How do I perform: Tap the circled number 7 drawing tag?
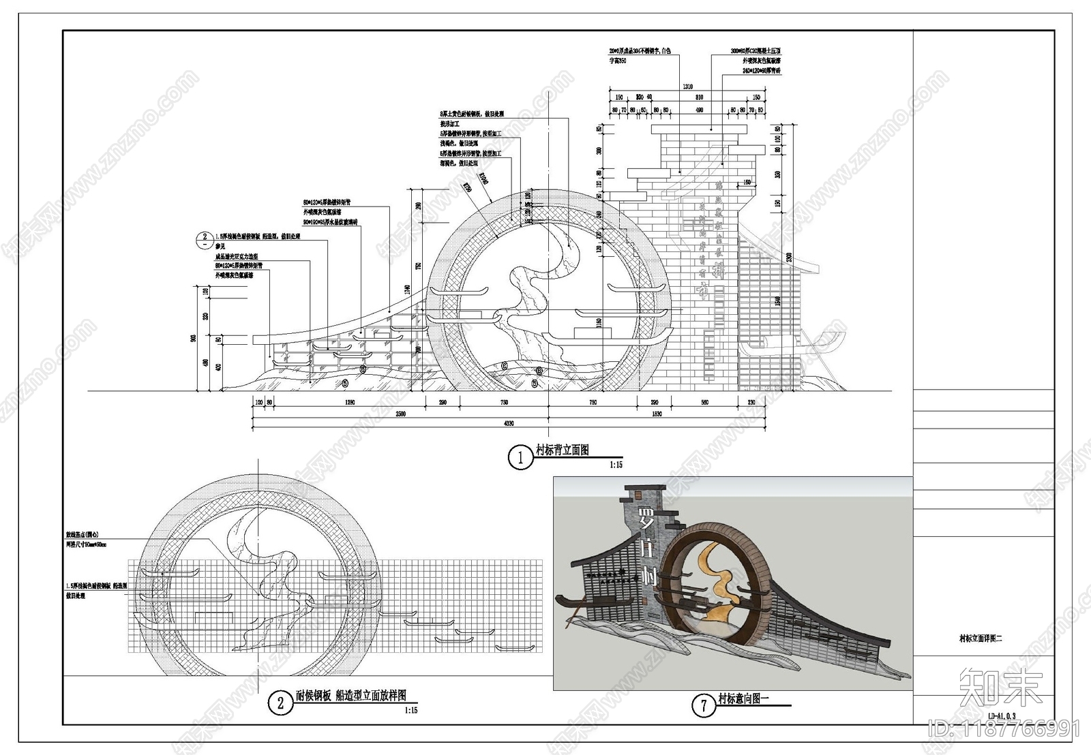click(704, 705)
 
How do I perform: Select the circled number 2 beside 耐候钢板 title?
click(280, 703)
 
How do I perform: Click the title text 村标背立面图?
click(562, 450)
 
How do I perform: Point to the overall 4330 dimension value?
click(509, 423)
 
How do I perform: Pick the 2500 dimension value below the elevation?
click(400, 414)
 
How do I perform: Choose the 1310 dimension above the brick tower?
click(687, 87)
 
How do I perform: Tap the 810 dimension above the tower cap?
click(699, 98)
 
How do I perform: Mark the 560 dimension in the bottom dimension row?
click(704, 403)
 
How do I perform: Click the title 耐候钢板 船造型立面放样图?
click(350, 696)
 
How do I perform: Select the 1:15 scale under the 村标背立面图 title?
click(616, 465)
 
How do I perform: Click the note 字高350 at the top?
click(618, 61)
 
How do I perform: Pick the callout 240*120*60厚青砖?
click(762, 70)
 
